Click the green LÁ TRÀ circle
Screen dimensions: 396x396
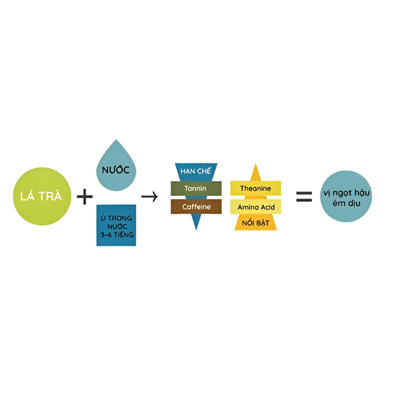click(x=42, y=196)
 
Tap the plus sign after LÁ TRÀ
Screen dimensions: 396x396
click(x=84, y=197)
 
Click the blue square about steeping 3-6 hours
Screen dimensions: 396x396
click(x=116, y=225)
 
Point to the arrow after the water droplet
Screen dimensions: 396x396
click(x=150, y=197)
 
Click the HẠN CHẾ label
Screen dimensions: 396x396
click(x=195, y=171)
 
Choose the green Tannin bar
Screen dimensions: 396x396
click(x=196, y=188)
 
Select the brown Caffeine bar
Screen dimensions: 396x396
click(x=196, y=207)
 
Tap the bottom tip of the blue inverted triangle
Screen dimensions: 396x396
click(x=196, y=230)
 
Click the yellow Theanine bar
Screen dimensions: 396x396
click(x=256, y=188)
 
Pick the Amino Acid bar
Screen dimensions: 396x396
click(x=256, y=207)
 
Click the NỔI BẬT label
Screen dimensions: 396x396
click(x=256, y=223)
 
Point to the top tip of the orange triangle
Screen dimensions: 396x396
click(x=256, y=164)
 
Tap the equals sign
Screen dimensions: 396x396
click(x=304, y=197)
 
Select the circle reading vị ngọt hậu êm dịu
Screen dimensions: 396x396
click(x=346, y=196)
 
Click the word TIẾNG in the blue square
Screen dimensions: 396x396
click(x=124, y=235)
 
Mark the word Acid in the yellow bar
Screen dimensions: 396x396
click(x=268, y=207)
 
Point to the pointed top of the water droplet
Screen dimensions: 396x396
click(x=116, y=139)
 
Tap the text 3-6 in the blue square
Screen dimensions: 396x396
click(x=106, y=235)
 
